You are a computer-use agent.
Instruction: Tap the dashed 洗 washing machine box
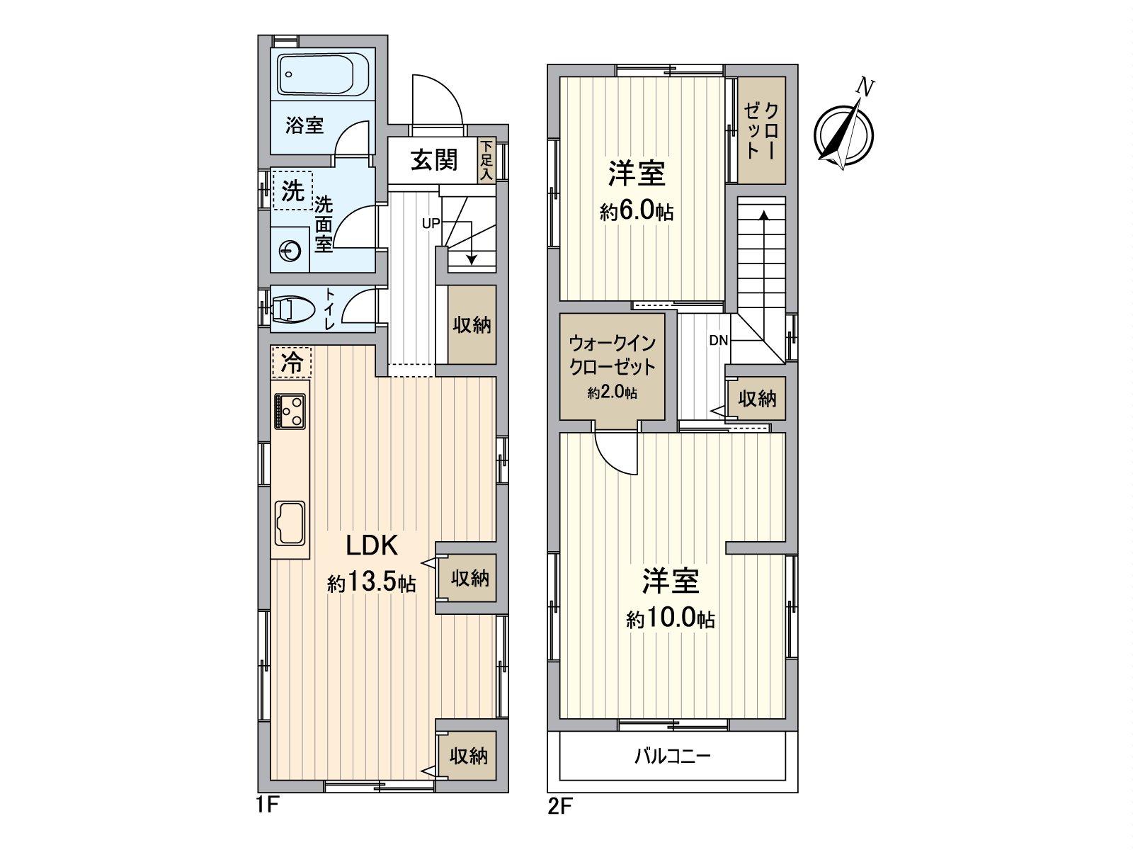point(292,190)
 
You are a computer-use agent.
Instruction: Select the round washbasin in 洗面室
point(290,250)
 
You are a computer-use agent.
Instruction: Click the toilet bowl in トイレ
point(292,309)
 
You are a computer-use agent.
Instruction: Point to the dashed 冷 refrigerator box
point(291,363)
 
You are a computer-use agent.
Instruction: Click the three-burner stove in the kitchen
point(290,410)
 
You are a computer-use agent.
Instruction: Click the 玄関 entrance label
point(434,160)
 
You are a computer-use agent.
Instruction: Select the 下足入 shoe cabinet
point(486,161)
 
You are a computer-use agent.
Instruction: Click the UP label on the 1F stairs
point(431,223)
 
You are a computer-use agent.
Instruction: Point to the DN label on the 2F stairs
point(718,341)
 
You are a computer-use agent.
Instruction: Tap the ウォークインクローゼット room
point(613,366)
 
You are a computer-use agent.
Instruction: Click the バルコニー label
point(672,756)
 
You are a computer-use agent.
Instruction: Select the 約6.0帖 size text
point(637,212)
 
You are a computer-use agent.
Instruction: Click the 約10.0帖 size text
point(670,620)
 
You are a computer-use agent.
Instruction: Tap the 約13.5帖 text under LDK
point(371,584)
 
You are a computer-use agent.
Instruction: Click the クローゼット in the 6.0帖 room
point(761,131)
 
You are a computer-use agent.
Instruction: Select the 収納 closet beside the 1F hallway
point(472,325)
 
